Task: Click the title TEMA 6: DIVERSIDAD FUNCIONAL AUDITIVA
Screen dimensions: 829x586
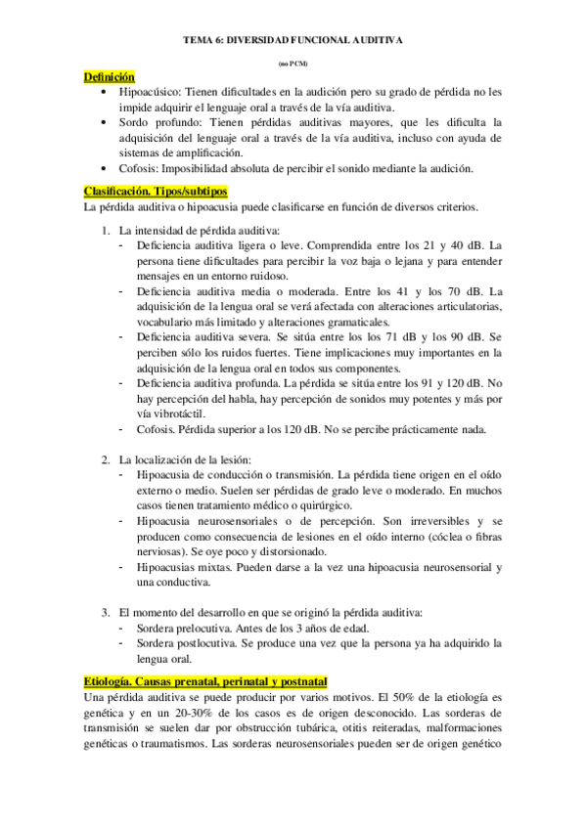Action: pyautogui.click(x=293, y=40)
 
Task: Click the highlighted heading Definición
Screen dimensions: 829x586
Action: pyautogui.click(x=109, y=76)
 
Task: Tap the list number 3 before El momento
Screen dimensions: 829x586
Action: pyautogui.click(x=107, y=612)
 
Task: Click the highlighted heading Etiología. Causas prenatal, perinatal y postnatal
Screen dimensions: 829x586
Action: pyautogui.click(x=205, y=680)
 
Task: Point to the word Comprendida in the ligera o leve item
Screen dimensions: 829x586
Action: pyautogui.click(x=338, y=244)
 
